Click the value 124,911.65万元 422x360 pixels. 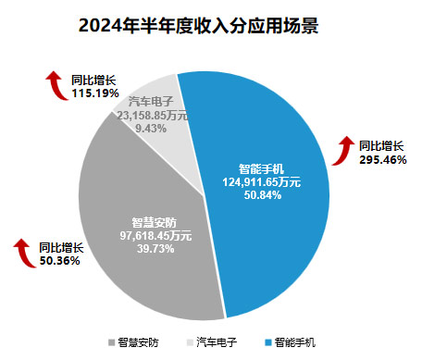pos(262,182)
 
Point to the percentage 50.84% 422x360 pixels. pos(262,194)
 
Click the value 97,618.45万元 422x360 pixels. pos(155,236)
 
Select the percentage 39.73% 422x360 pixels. pos(155,249)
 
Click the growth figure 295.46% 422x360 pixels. pos(380,158)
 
